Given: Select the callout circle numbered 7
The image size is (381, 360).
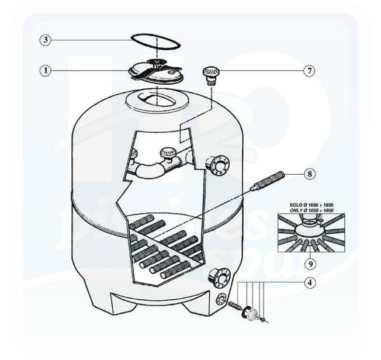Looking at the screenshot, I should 310,71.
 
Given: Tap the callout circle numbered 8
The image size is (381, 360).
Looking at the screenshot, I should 310,174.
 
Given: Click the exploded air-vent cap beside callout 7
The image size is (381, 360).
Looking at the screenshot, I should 210,75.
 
